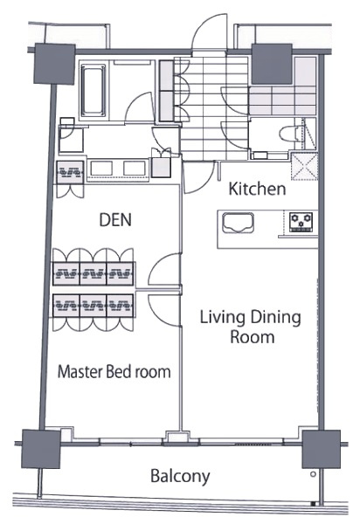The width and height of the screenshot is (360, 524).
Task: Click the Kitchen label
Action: point(257,189)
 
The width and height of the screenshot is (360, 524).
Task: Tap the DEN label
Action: point(115,219)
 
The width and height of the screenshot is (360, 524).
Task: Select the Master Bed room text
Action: point(114,372)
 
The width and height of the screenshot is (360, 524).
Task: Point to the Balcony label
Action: point(180,476)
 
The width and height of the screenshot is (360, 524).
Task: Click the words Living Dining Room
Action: point(251,327)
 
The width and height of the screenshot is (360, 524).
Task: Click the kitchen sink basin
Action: point(238,222)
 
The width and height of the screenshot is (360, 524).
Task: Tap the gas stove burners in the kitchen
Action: point(301,222)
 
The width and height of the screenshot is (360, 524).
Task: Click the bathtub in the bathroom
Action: point(93,91)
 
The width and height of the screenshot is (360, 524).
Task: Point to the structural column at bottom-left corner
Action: point(41,449)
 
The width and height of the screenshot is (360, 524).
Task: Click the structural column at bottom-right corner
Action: point(322,449)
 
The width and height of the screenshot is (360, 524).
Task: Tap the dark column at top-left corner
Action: point(54,64)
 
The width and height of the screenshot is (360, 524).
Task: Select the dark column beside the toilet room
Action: point(272,64)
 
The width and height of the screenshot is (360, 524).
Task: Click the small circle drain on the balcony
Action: point(313,474)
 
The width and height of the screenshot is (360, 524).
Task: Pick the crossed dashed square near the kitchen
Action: point(304,166)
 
